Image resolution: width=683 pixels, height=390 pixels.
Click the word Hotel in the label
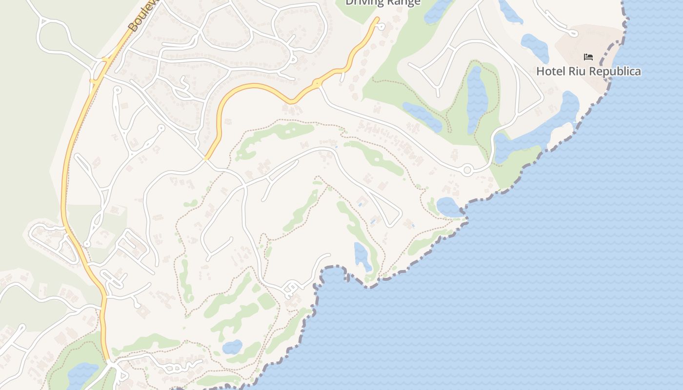tap(549, 71)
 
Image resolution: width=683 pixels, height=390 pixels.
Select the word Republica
tap(613, 71)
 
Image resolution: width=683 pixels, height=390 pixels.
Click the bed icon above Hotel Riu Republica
tap(588, 57)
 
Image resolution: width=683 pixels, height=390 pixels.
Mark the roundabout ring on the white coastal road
tap(467, 170)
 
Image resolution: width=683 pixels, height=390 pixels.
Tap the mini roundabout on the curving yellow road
tap(318, 84)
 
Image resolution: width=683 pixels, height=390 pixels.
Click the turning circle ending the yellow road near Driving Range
tap(382, 27)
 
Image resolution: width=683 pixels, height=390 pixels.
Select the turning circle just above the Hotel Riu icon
tap(574, 34)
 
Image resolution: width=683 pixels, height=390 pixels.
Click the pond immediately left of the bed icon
tap(535, 46)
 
